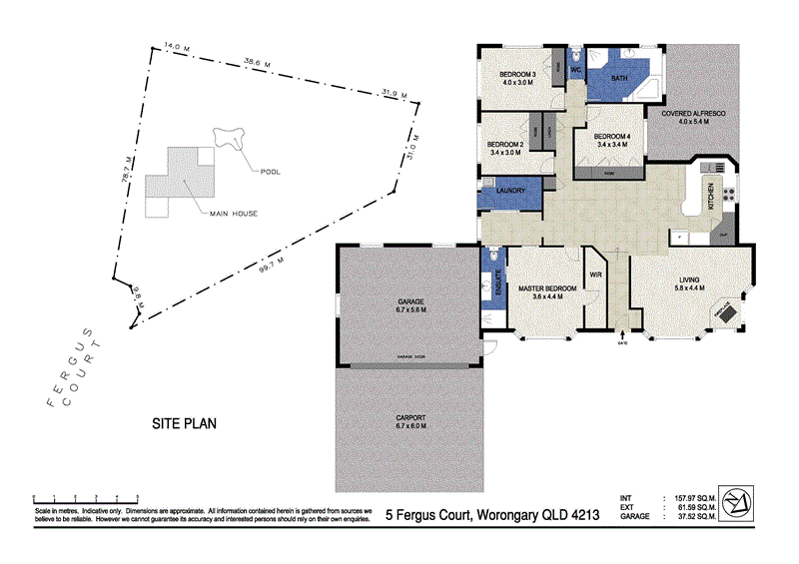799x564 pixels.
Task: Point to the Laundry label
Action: (x=510, y=190)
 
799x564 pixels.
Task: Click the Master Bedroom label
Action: (x=547, y=289)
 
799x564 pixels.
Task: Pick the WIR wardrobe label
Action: (x=595, y=273)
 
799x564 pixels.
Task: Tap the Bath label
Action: (x=619, y=78)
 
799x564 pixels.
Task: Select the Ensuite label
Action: (x=494, y=283)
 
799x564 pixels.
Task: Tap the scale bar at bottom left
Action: (x=85, y=496)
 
